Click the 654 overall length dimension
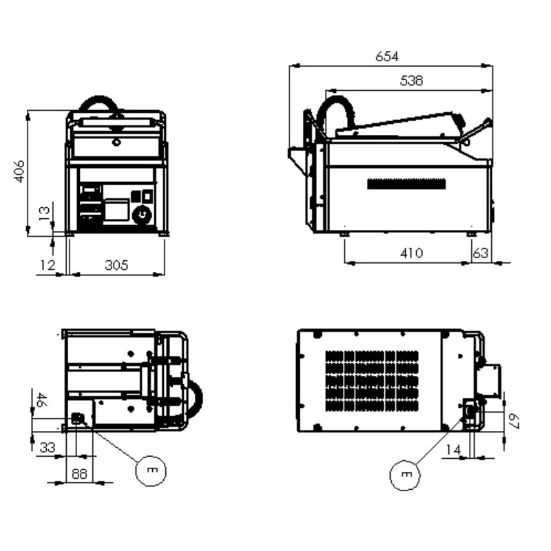[387, 56]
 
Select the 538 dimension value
[411, 81]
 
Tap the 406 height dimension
[19, 171]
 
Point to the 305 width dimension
[116, 265]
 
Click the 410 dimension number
[411, 253]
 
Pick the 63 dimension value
[480, 253]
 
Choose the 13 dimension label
[44, 214]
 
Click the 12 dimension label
[48, 265]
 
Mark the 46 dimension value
[41, 400]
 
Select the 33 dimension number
[48, 448]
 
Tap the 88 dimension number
[79, 474]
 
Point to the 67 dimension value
[513, 421]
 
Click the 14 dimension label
[453, 450]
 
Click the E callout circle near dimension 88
[151, 471]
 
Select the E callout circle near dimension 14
[405, 475]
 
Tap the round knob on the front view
[142, 214]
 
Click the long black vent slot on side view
[406, 184]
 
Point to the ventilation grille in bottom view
[372, 381]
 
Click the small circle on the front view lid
[116, 143]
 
